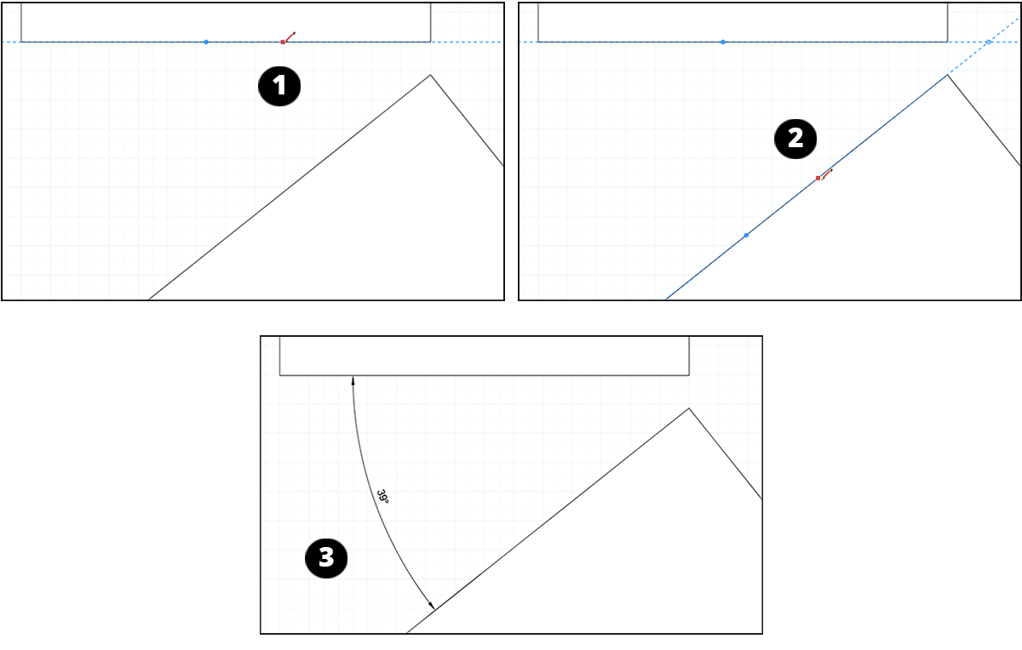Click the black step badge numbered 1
tap(279, 88)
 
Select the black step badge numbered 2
tap(795, 139)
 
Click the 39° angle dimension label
tap(383, 497)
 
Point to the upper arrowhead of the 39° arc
tap(353, 379)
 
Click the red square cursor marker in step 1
tap(283, 42)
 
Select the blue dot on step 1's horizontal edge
tap(206, 42)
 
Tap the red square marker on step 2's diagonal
tap(818, 178)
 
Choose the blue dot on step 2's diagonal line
tap(746, 235)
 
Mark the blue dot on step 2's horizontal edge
tap(723, 42)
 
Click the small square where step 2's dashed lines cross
tap(988, 42)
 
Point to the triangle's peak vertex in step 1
tap(430, 75)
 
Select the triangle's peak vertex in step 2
tap(947, 75)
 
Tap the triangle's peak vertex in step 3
tap(689, 408)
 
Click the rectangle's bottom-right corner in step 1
tap(430, 41)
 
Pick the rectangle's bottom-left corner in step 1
tap(21, 41)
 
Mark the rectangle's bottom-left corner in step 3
tap(280, 374)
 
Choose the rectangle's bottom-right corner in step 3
tap(689, 374)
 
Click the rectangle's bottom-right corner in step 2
tap(947, 41)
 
